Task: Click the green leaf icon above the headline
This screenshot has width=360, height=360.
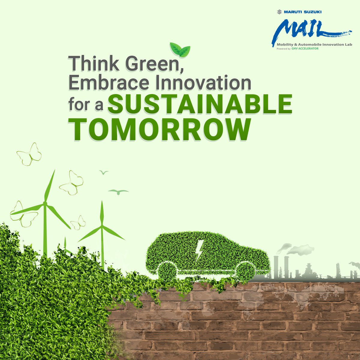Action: pyautogui.click(x=180, y=49)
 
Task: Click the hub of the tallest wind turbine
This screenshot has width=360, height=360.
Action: pyautogui.click(x=45, y=203)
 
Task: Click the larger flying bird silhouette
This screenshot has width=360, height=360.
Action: pyautogui.click(x=118, y=191)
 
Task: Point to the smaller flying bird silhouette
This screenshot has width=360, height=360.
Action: pyautogui.click(x=104, y=172)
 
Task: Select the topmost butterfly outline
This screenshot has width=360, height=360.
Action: pyautogui.click(x=29, y=154)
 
